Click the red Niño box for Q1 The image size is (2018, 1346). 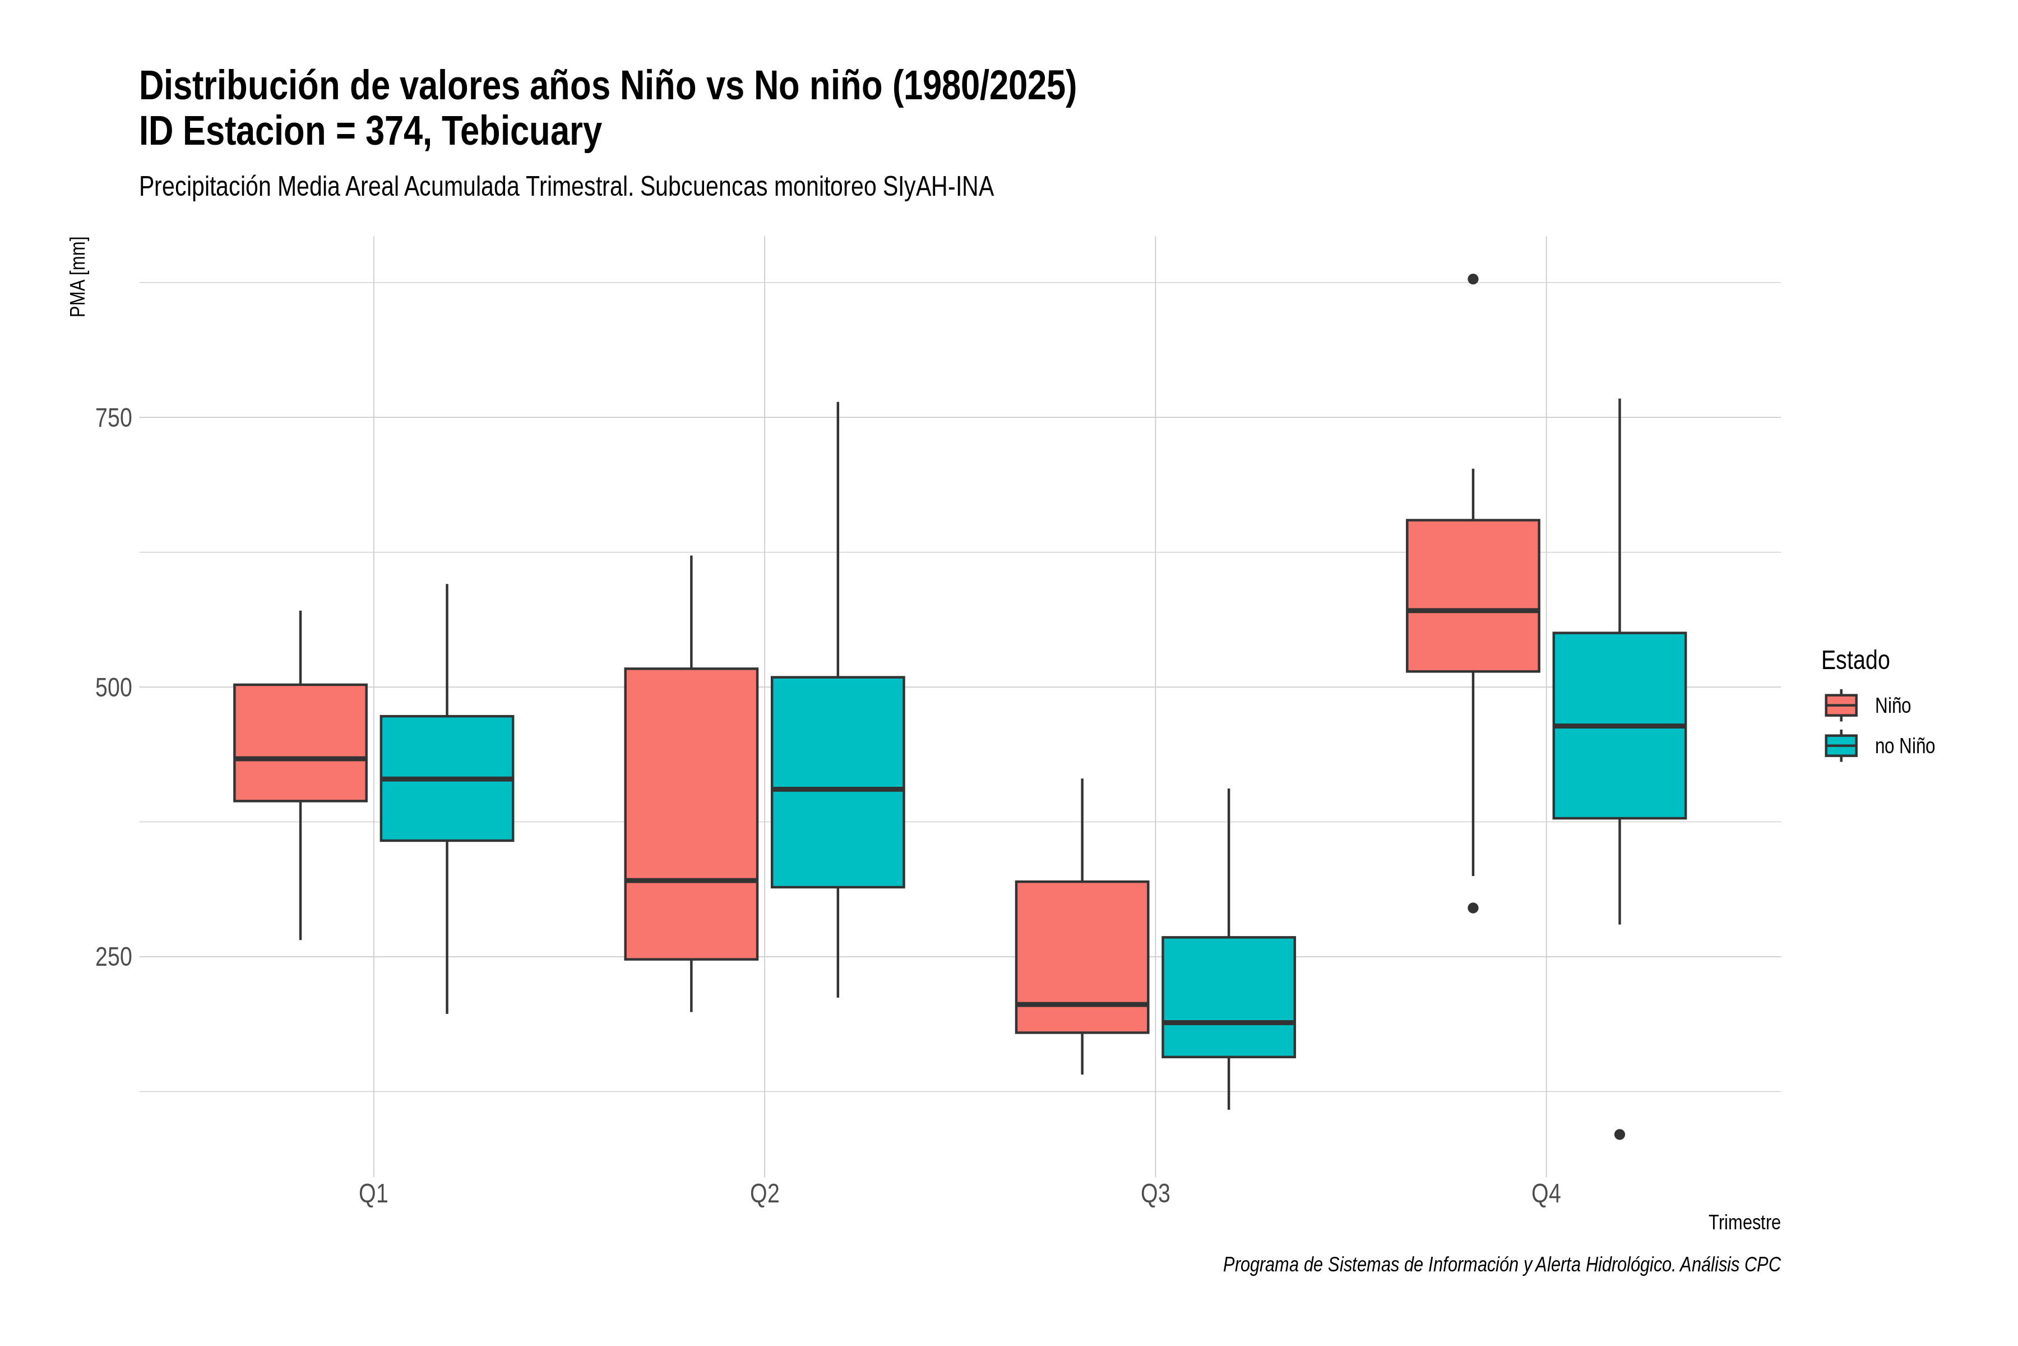click(300, 743)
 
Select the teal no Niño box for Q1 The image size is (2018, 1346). click(447, 778)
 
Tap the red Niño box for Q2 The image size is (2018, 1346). click(692, 814)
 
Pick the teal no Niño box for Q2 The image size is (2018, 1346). click(837, 782)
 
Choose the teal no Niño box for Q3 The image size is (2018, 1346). click(1229, 997)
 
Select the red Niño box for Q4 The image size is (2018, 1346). click(1473, 596)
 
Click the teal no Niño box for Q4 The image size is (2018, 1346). click(1620, 725)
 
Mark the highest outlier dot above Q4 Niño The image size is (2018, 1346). click(1473, 279)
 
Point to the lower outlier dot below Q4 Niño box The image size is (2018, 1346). click(1473, 908)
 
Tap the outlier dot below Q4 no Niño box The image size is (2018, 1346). click(1620, 1135)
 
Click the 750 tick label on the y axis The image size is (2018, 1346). click(113, 418)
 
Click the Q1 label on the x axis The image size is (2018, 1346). click(373, 1194)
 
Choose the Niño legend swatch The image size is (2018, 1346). click(1841, 706)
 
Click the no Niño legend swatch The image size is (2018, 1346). click(1841, 746)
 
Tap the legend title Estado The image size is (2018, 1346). click(1855, 660)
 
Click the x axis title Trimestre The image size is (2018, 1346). click(1744, 1223)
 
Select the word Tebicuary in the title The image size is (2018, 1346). click(522, 131)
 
